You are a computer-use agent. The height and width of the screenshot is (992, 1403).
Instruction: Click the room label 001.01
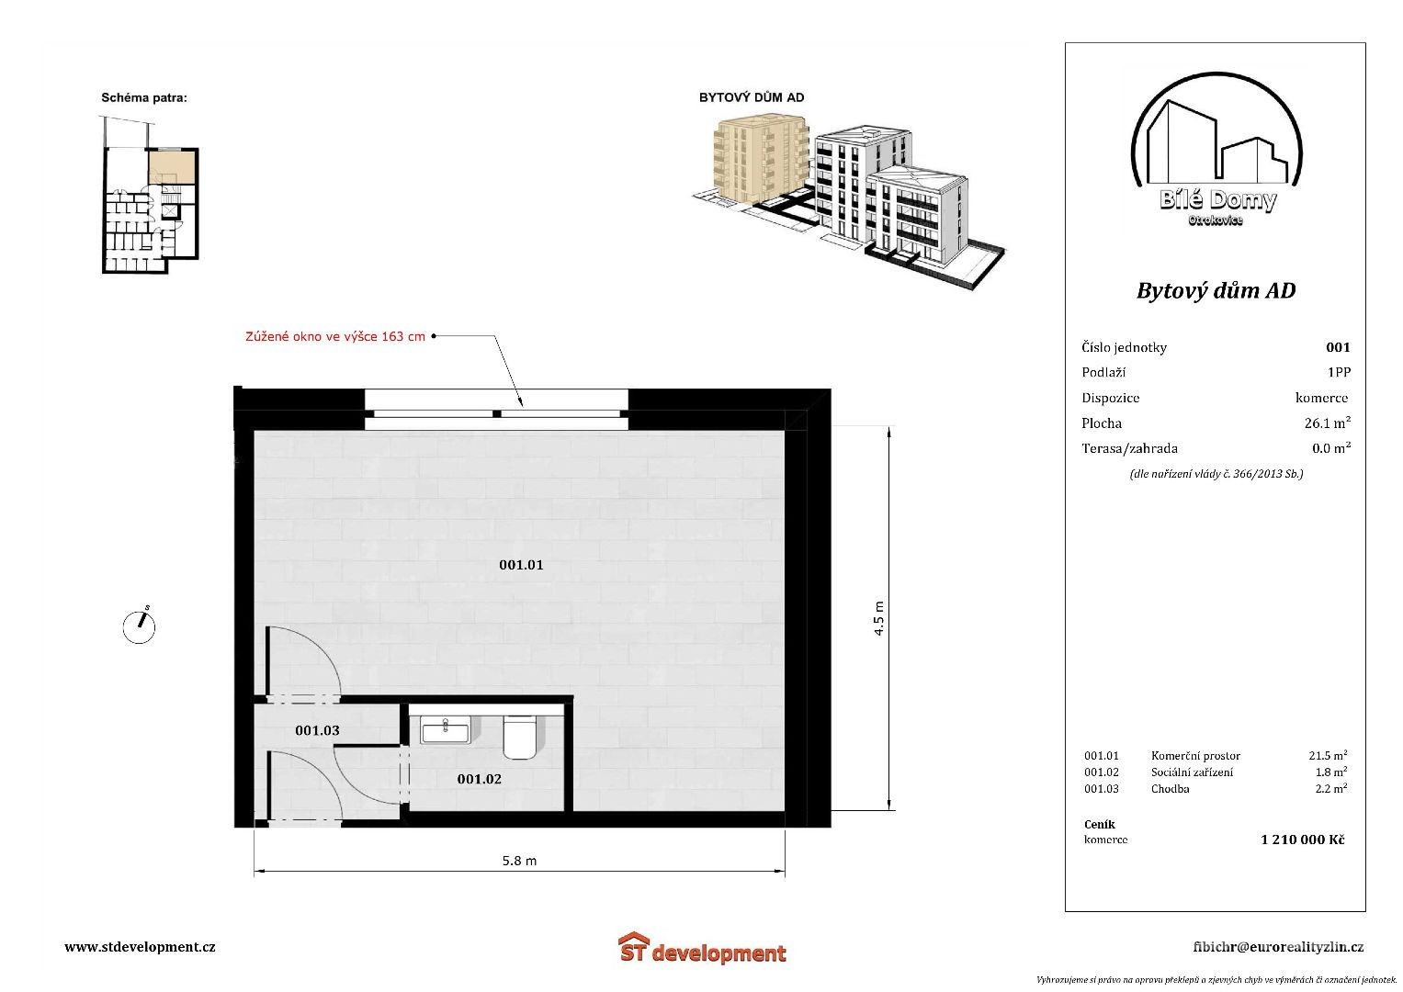click(x=521, y=565)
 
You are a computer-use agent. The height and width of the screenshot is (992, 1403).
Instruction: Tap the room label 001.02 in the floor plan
click(x=479, y=779)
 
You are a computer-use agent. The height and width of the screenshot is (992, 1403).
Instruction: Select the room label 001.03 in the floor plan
click(x=318, y=730)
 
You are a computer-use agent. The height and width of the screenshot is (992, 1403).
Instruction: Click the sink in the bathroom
click(x=446, y=731)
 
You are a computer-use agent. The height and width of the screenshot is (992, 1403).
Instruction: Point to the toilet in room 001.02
click(x=520, y=737)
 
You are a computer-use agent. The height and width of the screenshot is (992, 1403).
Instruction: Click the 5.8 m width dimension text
click(x=520, y=861)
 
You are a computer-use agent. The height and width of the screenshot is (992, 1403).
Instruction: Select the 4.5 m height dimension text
click(x=878, y=619)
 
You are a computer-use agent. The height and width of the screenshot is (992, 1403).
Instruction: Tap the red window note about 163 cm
click(x=335, y=336)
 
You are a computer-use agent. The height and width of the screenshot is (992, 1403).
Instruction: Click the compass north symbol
click(x=139, y=626)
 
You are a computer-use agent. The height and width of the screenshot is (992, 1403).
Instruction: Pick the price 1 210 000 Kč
click(x=1303, y=840)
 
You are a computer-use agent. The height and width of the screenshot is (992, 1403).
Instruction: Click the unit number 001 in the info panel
click(x=1338, y=347)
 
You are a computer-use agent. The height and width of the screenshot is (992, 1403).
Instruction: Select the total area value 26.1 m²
click(x=1328, y=423)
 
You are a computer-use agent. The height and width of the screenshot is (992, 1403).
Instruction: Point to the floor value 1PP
click(x=1339, y=372)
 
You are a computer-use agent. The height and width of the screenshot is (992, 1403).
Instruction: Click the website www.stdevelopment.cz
click(x=140, y=947)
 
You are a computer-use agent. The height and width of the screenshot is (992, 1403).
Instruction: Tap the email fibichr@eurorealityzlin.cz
click(x=1278, y=947)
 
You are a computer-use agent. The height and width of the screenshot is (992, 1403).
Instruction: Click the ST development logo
click(x=702, y=949)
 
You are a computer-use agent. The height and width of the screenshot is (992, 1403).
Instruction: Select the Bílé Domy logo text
click(x=1217, y=200)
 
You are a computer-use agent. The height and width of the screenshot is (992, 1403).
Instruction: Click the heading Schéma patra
click(x=144, y=97)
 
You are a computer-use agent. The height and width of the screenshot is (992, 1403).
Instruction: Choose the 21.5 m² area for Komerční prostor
click(x=1328, y=755)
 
